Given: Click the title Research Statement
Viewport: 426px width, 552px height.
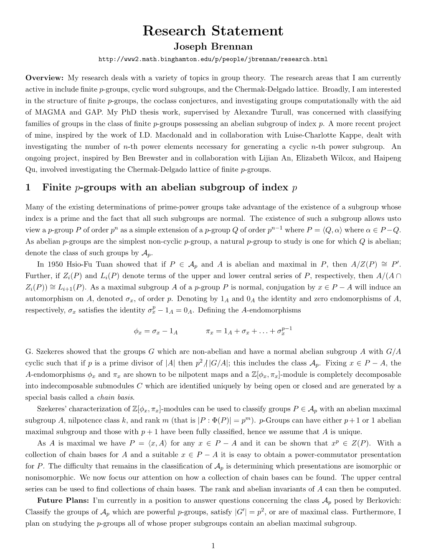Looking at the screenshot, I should [x=213, y=31].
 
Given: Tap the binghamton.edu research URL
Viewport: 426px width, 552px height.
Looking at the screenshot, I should [x=213, y=59].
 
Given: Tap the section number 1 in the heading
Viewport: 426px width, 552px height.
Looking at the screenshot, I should [x=28, y=187].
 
